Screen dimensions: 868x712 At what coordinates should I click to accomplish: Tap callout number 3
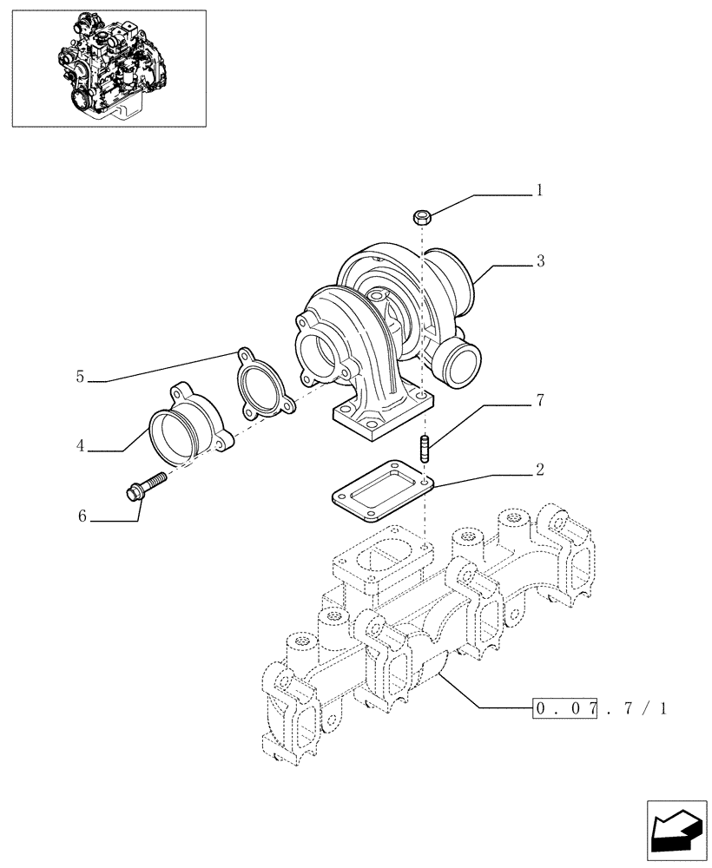point(539,260)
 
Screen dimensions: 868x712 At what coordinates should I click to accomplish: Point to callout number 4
point(80,446)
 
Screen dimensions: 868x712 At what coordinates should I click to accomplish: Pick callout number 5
point(80,376)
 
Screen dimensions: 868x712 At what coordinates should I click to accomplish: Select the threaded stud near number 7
point(425,450)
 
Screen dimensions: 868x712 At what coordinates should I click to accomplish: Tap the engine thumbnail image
point(109,68)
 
